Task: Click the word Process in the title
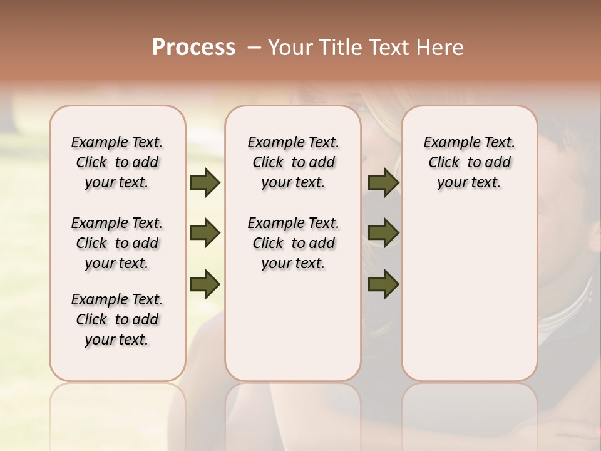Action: pyautogui.click(x=193, y=48)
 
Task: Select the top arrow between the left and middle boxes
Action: pyautogui.click(x=205, y=183)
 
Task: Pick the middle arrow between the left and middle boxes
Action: pyautogui.click(x=205, y=233)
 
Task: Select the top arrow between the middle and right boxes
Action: pyautogui.click(x=384, y=183)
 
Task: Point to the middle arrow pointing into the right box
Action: pyautogui.click(x=384, y=233)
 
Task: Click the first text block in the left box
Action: pyautogui.click(x=117, y=162)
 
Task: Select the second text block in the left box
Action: pyautogui.click(x=117, y=243)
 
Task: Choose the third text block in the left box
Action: pyautogui.click(x=117, y=319)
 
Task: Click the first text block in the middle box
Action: pyautogui.click(x=294, y=162)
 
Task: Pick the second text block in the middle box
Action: pyautogui.click(x=294, y=243)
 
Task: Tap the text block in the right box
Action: pyautogui.click(x=470, y=162)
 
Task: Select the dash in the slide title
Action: pyautogui.click(x=255, y=48)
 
